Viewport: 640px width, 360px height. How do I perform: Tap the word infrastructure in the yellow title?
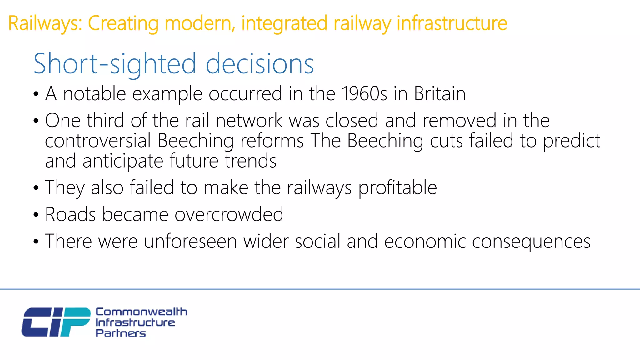coord(452,24)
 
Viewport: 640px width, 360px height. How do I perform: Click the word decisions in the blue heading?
coord(260,64)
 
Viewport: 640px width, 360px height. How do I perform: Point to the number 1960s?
coord(364,94)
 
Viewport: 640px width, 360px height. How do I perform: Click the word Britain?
coord(440,94)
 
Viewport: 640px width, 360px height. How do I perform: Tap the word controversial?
coord(98,141)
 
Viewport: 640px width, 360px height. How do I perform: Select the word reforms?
coord(272,141)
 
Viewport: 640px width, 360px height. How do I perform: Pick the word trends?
coord(250,161)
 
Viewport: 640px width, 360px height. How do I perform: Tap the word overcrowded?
coord(229,215)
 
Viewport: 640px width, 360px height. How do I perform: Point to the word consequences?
coord(531,242)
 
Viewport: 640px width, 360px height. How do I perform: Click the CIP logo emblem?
coord(56,322)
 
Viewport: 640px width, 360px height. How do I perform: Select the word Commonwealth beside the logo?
coord(141,312)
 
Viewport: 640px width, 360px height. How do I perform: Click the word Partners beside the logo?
coord(121,333)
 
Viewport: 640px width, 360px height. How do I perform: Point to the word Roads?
coord(70,215)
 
